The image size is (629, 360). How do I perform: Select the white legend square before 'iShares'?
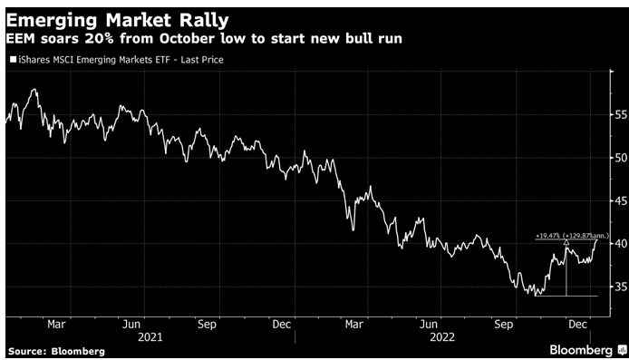click(x=12, y=60)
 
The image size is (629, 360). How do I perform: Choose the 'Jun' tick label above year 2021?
click(x=132, y=323)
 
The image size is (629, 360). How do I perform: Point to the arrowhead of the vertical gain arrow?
click(x=566, y=243)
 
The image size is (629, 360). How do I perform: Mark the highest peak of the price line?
click(x=34, y=90)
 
